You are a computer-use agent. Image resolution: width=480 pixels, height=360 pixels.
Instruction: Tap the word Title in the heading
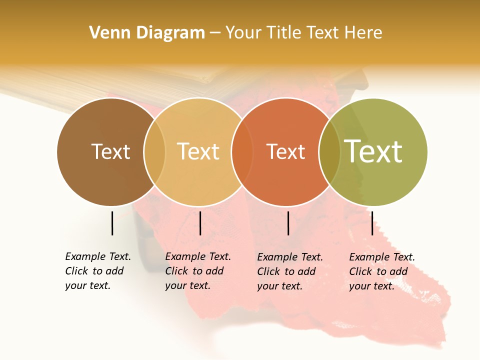click(x=284, y=33)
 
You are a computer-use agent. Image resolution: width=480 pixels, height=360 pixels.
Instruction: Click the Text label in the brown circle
click(x=110, y=151)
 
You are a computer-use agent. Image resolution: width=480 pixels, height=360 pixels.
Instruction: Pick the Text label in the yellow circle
click(x=198, y=151)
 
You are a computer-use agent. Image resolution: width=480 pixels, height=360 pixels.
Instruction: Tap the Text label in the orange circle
click(x=285, y=151)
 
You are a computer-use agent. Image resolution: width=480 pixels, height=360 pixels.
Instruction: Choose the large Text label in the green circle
click(x=373, y=151)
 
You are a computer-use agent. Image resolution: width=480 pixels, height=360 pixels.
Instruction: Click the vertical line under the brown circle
click(x=112, y=223)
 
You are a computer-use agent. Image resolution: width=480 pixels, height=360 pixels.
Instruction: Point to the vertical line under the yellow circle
click(x=200, y=223)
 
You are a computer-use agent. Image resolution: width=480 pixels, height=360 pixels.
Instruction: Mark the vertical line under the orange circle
click(x=288, y=223)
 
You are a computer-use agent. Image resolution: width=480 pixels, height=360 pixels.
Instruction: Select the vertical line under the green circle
click(x=372, y=223)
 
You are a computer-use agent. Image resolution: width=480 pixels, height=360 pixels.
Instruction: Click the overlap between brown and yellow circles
click(x=154, y=152)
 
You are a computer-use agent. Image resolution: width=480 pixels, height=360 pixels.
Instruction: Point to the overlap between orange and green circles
click(x=329, y=152)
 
